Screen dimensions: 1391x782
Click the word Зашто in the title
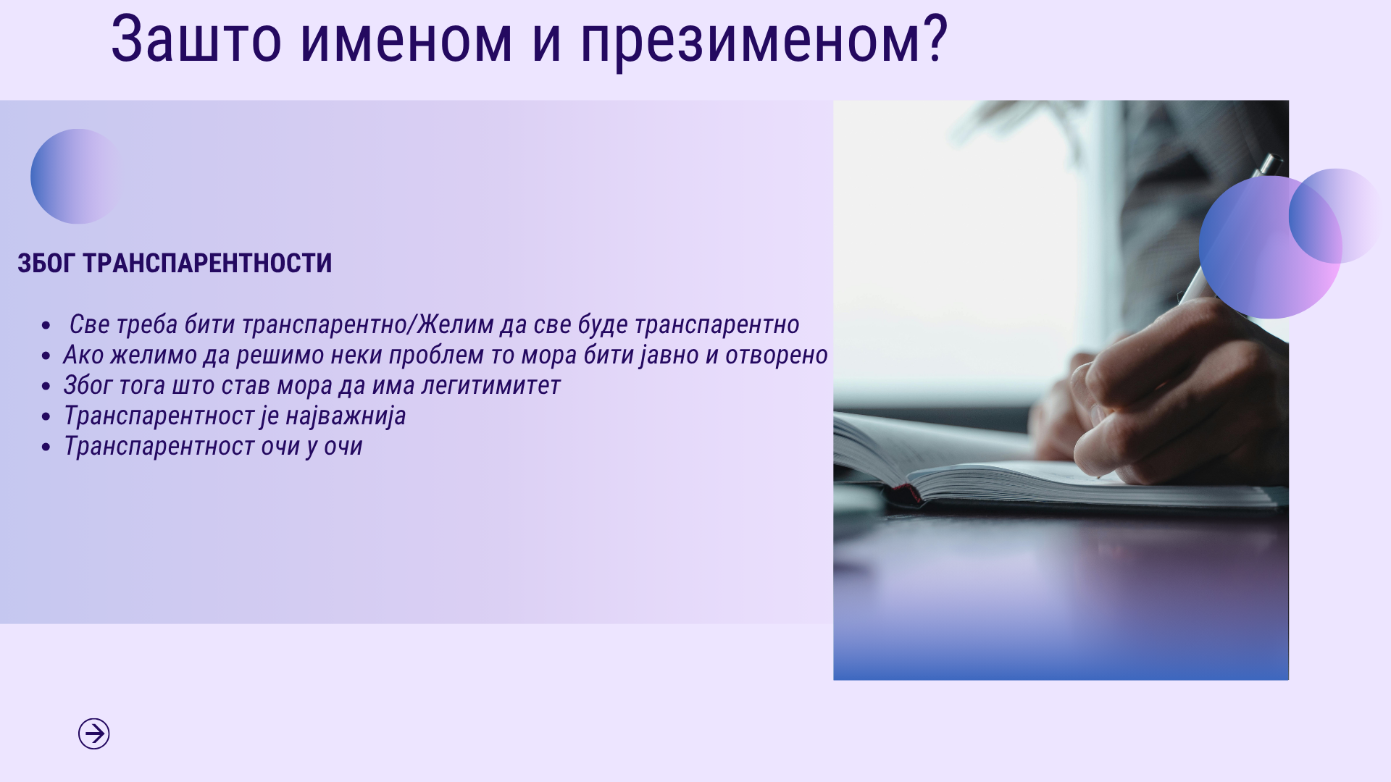[196, 40]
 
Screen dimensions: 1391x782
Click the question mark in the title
[935, 38]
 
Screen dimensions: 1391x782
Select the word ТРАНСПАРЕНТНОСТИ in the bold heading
[207, 263]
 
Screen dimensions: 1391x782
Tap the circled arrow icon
[94, 733]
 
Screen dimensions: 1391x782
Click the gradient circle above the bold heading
[75, 176]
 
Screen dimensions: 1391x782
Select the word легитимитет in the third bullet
[491, 386]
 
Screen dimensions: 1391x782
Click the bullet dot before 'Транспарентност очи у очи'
[46, 447]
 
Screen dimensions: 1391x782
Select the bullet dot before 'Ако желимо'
[46, 356]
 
